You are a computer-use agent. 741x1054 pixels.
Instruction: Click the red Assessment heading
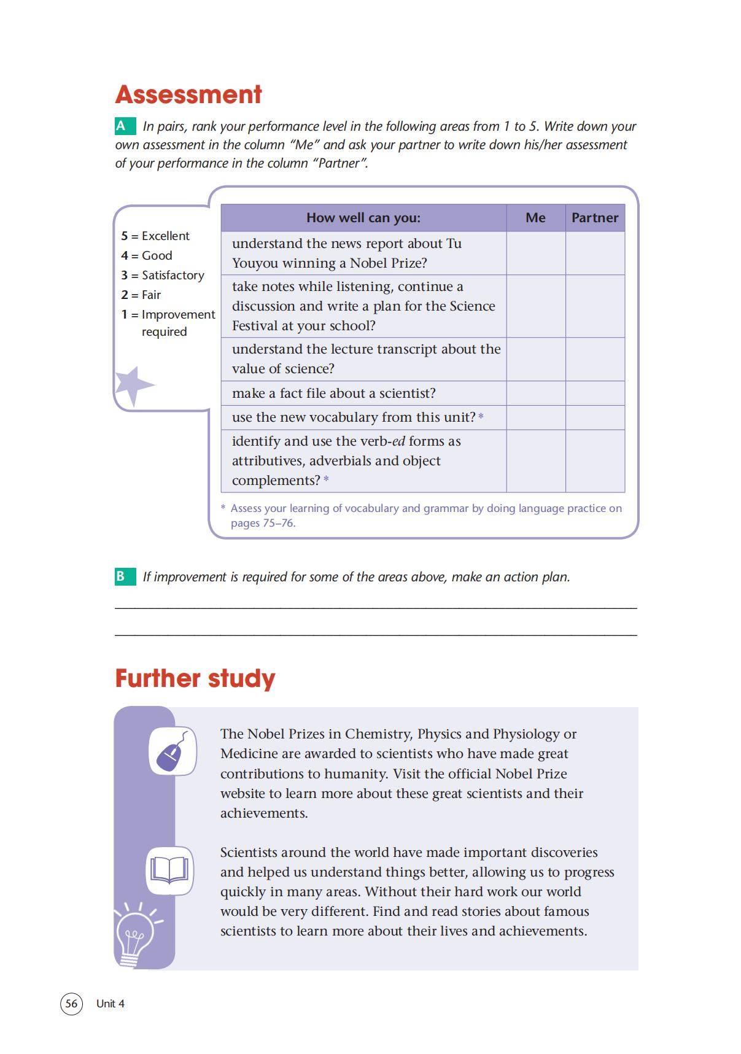point(188,95)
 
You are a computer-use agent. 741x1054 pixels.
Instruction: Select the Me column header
point(535,218)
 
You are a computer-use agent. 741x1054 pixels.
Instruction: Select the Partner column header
point(594,218)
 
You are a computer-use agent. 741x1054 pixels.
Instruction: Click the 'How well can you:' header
point(363,218)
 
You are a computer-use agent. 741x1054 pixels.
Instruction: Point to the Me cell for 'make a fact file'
point(535,393)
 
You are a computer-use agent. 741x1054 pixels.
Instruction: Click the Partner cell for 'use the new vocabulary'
point(594,417)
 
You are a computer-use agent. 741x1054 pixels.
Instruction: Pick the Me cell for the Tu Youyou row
point(535,253)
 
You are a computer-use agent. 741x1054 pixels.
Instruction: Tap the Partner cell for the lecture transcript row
point(594,359)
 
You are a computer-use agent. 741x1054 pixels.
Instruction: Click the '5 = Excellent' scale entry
point(155,236)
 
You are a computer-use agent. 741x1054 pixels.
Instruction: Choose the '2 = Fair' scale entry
point(141,295)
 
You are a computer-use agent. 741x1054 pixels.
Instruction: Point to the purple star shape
point(132,386)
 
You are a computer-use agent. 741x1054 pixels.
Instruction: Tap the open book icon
point(169,870)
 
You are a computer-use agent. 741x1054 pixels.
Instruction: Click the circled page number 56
point(71,1003)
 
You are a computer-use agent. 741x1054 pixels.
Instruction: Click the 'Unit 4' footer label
point(111,1004)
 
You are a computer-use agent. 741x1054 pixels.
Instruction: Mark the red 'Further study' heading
point(195,678)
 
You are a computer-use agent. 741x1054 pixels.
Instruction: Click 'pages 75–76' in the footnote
point(263,523)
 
